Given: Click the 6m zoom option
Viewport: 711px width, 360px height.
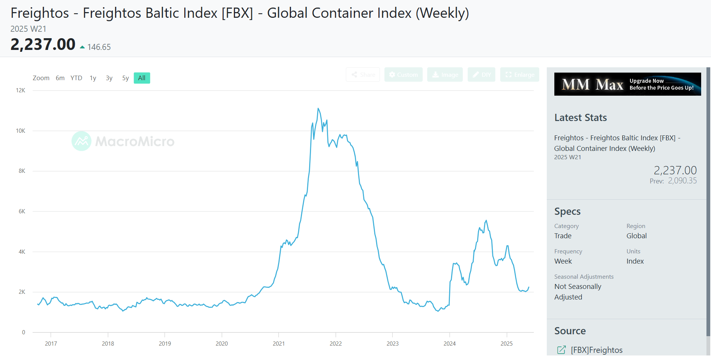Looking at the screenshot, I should click(60, 78).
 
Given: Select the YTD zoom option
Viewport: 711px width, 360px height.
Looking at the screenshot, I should click(76, 78).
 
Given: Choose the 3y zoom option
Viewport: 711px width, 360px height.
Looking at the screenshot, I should click(109, 78).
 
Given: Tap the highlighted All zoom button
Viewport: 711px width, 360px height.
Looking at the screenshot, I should click(142, 78).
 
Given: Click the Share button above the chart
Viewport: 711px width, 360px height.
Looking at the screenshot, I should click(363, 74).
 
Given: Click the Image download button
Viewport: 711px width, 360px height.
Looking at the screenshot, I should click(445, 74).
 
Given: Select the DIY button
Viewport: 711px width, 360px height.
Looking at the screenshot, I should click(481, 74).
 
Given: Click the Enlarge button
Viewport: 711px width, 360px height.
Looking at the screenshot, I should click(520, 74).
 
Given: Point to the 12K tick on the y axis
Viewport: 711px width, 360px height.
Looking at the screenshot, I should click(20, 90).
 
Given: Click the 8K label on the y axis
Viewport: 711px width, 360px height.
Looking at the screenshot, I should click(22, 171).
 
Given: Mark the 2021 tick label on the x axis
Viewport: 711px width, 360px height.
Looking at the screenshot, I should click(278, 343).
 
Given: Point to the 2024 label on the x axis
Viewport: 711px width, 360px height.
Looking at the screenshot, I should click(450, 343).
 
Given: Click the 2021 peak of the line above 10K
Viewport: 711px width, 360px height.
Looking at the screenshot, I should click(318, 109).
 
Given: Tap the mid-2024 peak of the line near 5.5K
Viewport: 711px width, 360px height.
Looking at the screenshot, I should click(486, 220).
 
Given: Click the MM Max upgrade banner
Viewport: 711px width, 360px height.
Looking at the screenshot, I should click(627, 84).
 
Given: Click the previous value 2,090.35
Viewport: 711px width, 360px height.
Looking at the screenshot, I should click(682, 181).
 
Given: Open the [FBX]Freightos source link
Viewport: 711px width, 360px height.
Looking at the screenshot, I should click(596, 350).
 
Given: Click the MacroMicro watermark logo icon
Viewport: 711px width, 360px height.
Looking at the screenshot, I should click(81, 141).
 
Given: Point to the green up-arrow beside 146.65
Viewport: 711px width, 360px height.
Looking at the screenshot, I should click(82, 47).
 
